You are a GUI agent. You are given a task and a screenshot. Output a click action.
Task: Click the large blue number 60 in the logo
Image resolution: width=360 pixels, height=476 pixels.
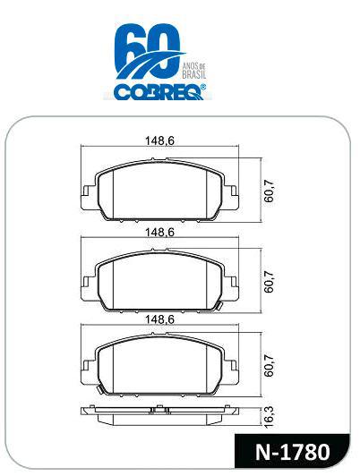tap(148, 51)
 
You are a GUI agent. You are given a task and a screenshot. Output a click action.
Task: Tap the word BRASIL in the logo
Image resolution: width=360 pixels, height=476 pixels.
tap(194, 74)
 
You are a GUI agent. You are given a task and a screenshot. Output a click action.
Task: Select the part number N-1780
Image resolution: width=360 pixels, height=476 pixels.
tap(292, 453)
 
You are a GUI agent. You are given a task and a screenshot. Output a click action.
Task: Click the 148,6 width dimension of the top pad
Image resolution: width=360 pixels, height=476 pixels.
tap(159, 140)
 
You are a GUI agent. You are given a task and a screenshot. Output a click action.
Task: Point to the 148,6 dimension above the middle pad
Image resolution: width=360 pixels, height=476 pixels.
tap(159, 233)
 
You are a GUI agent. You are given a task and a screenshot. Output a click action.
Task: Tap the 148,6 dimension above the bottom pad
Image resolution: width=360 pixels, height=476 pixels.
tap(159, 319)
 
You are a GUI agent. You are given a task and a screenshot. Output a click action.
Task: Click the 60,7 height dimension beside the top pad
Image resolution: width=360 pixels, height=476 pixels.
tap(269, 191)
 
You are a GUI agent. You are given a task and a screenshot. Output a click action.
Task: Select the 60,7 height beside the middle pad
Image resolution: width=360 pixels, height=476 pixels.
tap(269, 282)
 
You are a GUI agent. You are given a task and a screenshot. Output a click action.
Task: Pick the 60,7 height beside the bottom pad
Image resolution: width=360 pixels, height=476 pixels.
tap(269, 365)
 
